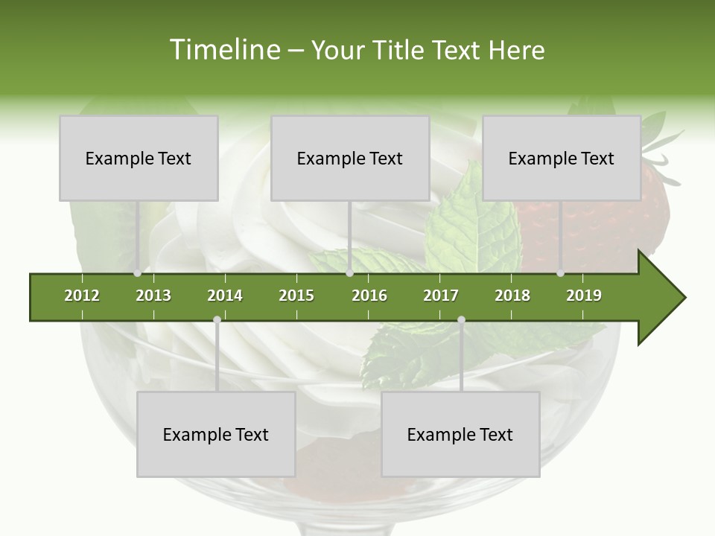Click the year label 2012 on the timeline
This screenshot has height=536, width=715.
(82, 296)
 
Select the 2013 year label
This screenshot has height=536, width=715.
(153, 296)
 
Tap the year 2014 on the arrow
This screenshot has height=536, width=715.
(225, 296)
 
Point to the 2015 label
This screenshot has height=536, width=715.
(296, 296)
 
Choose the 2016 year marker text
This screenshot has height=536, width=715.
(369, 296)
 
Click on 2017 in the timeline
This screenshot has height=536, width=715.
(441, 296)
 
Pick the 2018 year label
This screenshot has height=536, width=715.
(512, 296)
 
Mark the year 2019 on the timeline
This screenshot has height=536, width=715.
(584, 296)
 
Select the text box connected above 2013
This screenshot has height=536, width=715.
(139, 159)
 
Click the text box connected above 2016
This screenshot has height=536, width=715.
(350, 159)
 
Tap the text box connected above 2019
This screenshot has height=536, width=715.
(562, 159)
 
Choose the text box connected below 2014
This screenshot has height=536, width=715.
(216, 435)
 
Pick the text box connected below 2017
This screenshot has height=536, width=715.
(460, 435)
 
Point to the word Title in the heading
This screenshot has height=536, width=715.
(400, 50)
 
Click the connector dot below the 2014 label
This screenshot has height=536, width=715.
(217, 320)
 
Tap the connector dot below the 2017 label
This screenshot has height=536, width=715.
(461, 320)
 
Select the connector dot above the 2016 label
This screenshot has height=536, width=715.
(350, 273)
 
